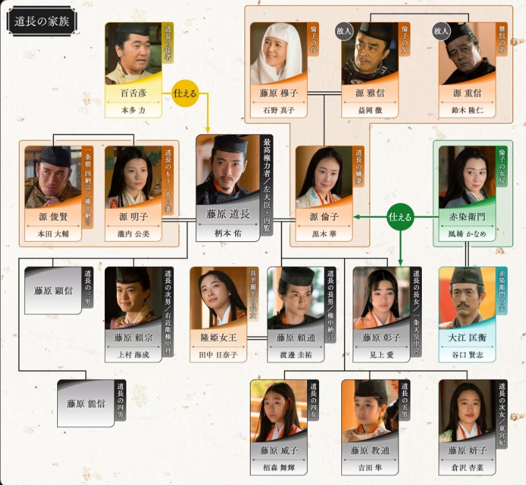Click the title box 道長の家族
pyautogui.click(x=42, y=21)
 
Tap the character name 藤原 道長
pyautogui.click(x=227, y=213)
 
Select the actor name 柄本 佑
pyautogui.click(x=227, y=234)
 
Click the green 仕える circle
pyautogui.click(x=400, y=217)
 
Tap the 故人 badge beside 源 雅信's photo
pyautogui.click(x=345, y=32)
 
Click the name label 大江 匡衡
pyautogui.click(x=467, y=338)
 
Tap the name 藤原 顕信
pyautogui.click(x=52, y=291)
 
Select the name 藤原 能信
pyautogui.click(x=85, y=404)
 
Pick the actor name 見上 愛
pyautogui.click(x=381, y=356)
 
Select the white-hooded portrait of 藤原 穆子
pyautogui.click(x=276, y=53)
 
